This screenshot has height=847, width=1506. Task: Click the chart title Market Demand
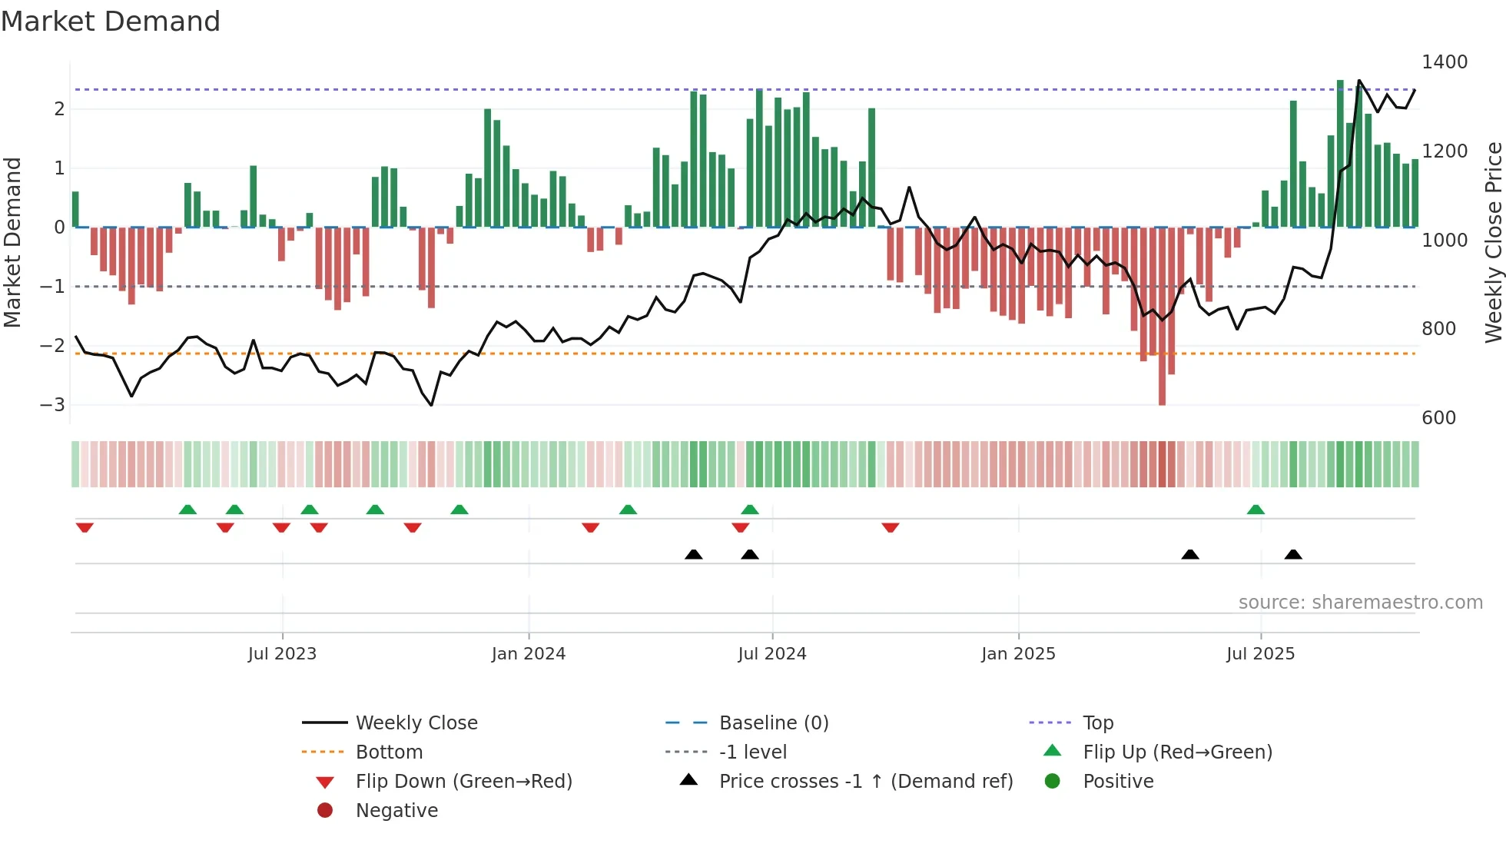point(111,22)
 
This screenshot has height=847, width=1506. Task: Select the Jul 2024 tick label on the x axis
point(771,654)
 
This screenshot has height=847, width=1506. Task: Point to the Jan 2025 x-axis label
point(1018,654)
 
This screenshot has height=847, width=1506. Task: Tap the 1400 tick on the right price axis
point(1444,62)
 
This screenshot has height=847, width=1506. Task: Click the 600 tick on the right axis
point(1438,418)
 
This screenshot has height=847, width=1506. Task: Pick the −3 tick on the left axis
point(52,404)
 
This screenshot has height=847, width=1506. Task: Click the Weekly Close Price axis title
point(1493,242)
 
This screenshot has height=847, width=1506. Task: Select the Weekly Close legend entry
point(416,723)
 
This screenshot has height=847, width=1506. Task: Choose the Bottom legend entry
point(389,752)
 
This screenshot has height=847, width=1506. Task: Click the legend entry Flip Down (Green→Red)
point(463,782)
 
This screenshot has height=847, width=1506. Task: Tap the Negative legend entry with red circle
point(396,811)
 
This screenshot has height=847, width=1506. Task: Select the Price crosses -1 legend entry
point(865,782)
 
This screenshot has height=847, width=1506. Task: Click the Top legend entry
point(1097,723)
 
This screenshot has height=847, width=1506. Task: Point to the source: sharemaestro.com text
point(1360,603)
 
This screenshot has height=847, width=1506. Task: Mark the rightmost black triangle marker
point(1293,554)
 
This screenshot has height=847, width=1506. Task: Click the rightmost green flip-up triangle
point(1256,510)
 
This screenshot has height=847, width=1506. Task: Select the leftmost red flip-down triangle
point(85,527)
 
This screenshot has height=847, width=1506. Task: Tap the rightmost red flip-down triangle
point(890,527)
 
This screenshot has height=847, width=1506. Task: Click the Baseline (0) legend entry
point(773,723)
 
